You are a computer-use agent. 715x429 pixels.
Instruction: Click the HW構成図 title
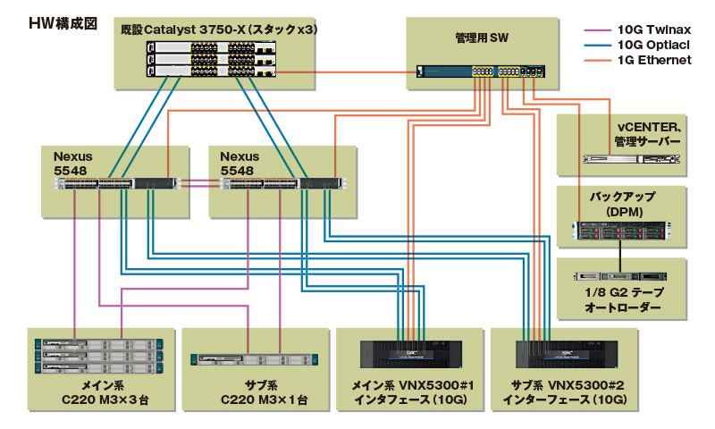click(63, 23)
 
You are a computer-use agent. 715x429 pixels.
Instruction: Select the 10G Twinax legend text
click(654, 29)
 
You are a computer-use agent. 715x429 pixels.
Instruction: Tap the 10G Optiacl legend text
click(653, 45)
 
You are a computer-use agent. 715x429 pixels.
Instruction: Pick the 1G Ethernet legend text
click(654, 60)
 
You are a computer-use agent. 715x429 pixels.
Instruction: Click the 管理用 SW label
click(482, 38)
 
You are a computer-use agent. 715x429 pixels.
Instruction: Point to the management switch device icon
click(481, 71)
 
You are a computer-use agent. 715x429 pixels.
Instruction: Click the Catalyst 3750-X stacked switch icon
click(211, 59)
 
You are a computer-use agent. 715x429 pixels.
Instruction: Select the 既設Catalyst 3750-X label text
click(219, 29)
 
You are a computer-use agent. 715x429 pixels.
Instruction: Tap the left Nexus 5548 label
click(73, 164)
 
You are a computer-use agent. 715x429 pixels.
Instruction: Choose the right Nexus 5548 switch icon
click(282, 184)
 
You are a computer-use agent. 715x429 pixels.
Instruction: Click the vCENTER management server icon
click(632, 159)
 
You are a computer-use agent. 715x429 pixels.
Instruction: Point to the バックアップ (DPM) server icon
click(621, 231)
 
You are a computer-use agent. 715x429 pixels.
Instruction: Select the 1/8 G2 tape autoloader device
click(620, 276)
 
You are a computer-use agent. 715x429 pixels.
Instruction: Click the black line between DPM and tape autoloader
click(620, 257)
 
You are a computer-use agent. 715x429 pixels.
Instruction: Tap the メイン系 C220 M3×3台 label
click(105, 392)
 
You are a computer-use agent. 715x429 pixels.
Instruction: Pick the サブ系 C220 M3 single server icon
click(255, 359)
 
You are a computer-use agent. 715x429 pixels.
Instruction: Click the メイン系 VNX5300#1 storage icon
click(411, 354)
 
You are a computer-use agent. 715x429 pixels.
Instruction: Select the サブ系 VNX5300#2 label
click(565, 392)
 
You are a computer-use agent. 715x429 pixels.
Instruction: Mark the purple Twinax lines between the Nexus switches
click(200, 183)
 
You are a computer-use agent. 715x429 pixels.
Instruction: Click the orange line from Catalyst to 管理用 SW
click(347, 72)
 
